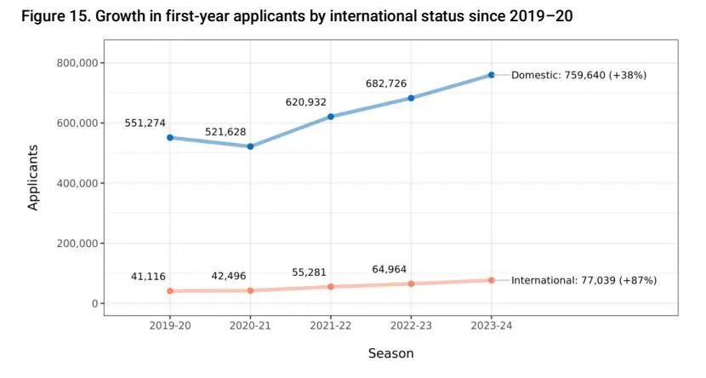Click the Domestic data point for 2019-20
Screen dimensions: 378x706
[x=170, y=137]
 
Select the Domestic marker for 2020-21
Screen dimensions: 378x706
[x=250, y=146]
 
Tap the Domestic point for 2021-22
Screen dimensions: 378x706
[x=331, y=117]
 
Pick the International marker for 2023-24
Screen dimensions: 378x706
[x=492, y=280]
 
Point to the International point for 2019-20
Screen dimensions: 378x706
[x=170, y=291]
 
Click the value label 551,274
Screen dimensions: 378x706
[x=145, y=123]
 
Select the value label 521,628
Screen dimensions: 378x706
[x=225, y=132]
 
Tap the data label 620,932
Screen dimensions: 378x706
[x=305, y=102]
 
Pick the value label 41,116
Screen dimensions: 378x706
[x=148, y=277]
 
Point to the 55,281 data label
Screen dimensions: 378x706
[x=309, y=272]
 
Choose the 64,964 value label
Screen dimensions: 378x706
[x=389, y=269]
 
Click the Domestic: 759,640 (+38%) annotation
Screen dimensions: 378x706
[x=578, y=75]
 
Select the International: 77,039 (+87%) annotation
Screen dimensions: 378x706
[x=584, y=280]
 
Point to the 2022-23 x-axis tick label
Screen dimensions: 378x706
[x=411, y=326]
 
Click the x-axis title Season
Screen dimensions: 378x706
[x=391, y=352]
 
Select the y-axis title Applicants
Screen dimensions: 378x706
[x=34, y=177]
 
